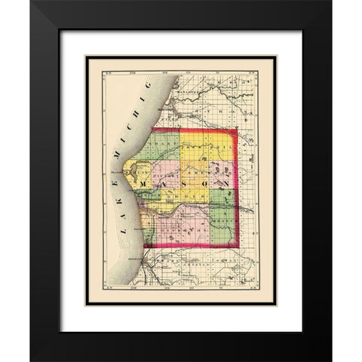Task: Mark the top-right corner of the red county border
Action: click(236, 130)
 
